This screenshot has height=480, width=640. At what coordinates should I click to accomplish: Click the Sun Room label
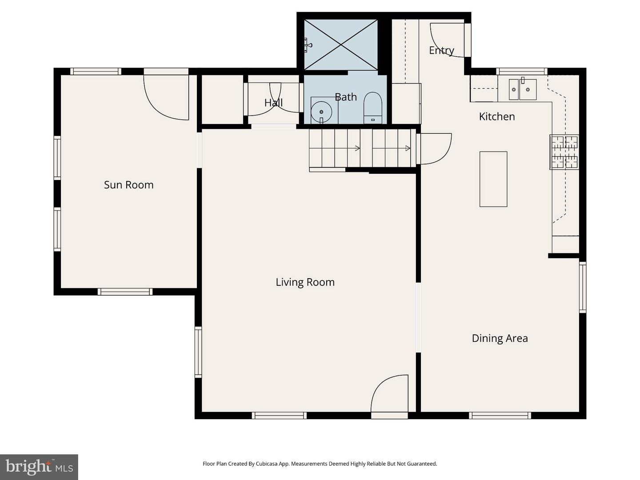pyautogui.click(x=128, y=185)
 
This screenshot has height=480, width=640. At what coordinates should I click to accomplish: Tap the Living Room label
pyautogui.click(x=305, y=282)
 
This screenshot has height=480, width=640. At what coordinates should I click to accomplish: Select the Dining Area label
pyautogui.click(x=500, y=338)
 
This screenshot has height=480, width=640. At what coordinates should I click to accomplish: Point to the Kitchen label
pyautogui.click(x=496, y=116)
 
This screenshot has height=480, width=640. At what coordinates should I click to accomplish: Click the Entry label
pyautogui.click(x=441, y=50)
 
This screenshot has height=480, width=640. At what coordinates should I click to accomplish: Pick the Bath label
pyautogui.click(x=345, y=97)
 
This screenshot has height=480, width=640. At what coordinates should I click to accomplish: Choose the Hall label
pyautogui.click(x=273, y=103)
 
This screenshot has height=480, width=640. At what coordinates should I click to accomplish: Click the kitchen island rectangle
pyautogui.click(x=493, y=179)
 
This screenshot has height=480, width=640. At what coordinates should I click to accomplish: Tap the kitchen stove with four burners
pyautogui.click(x=564, y=152)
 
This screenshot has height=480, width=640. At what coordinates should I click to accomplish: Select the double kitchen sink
pyautogui.click(x=523, y=90)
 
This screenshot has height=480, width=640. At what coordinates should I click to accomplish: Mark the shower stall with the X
pyautogui.click(x=340, y=44)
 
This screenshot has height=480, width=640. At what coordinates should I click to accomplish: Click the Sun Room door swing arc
pyautogui.click(x=164, y=100)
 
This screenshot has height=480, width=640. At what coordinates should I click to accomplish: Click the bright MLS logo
pyautogui.click(x=39, y=467)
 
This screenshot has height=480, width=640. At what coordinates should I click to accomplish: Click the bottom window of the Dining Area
pyautogui.click(x=500, y=416)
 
